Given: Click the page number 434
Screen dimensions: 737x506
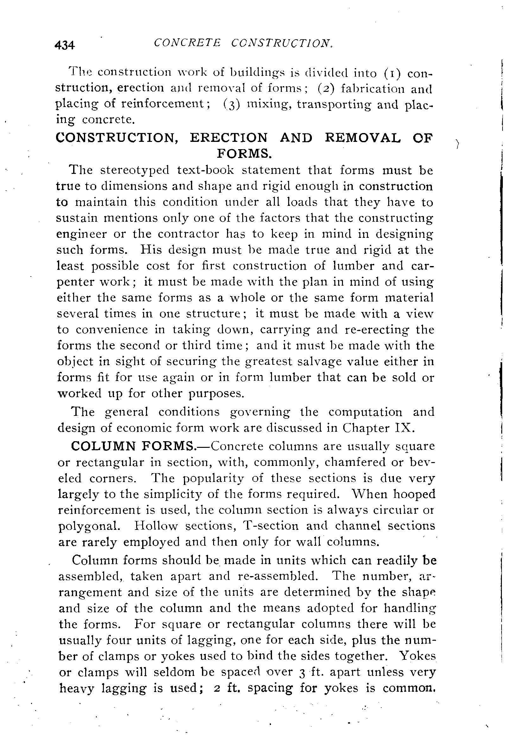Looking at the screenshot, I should pyautogui.click(x=65, y=45).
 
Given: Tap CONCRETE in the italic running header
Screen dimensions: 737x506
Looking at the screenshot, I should pyautogui.click(x=187, y=43).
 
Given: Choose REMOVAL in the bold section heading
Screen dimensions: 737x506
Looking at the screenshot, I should pyautogui.click(x=363, y=138).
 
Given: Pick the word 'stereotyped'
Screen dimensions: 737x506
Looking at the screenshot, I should pyautogui.click(x=135, y=170).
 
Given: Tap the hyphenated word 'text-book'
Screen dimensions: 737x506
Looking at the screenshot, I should pyautogui.click(x=206, y=170).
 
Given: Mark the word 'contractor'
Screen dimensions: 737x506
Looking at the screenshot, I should pyautogui.click(x=188, y=234).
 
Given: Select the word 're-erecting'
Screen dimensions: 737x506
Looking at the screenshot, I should pyautogui.click(x=376, y=329).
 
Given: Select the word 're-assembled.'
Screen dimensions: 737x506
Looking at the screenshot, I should pyautogui.click(x=278, y=575).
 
